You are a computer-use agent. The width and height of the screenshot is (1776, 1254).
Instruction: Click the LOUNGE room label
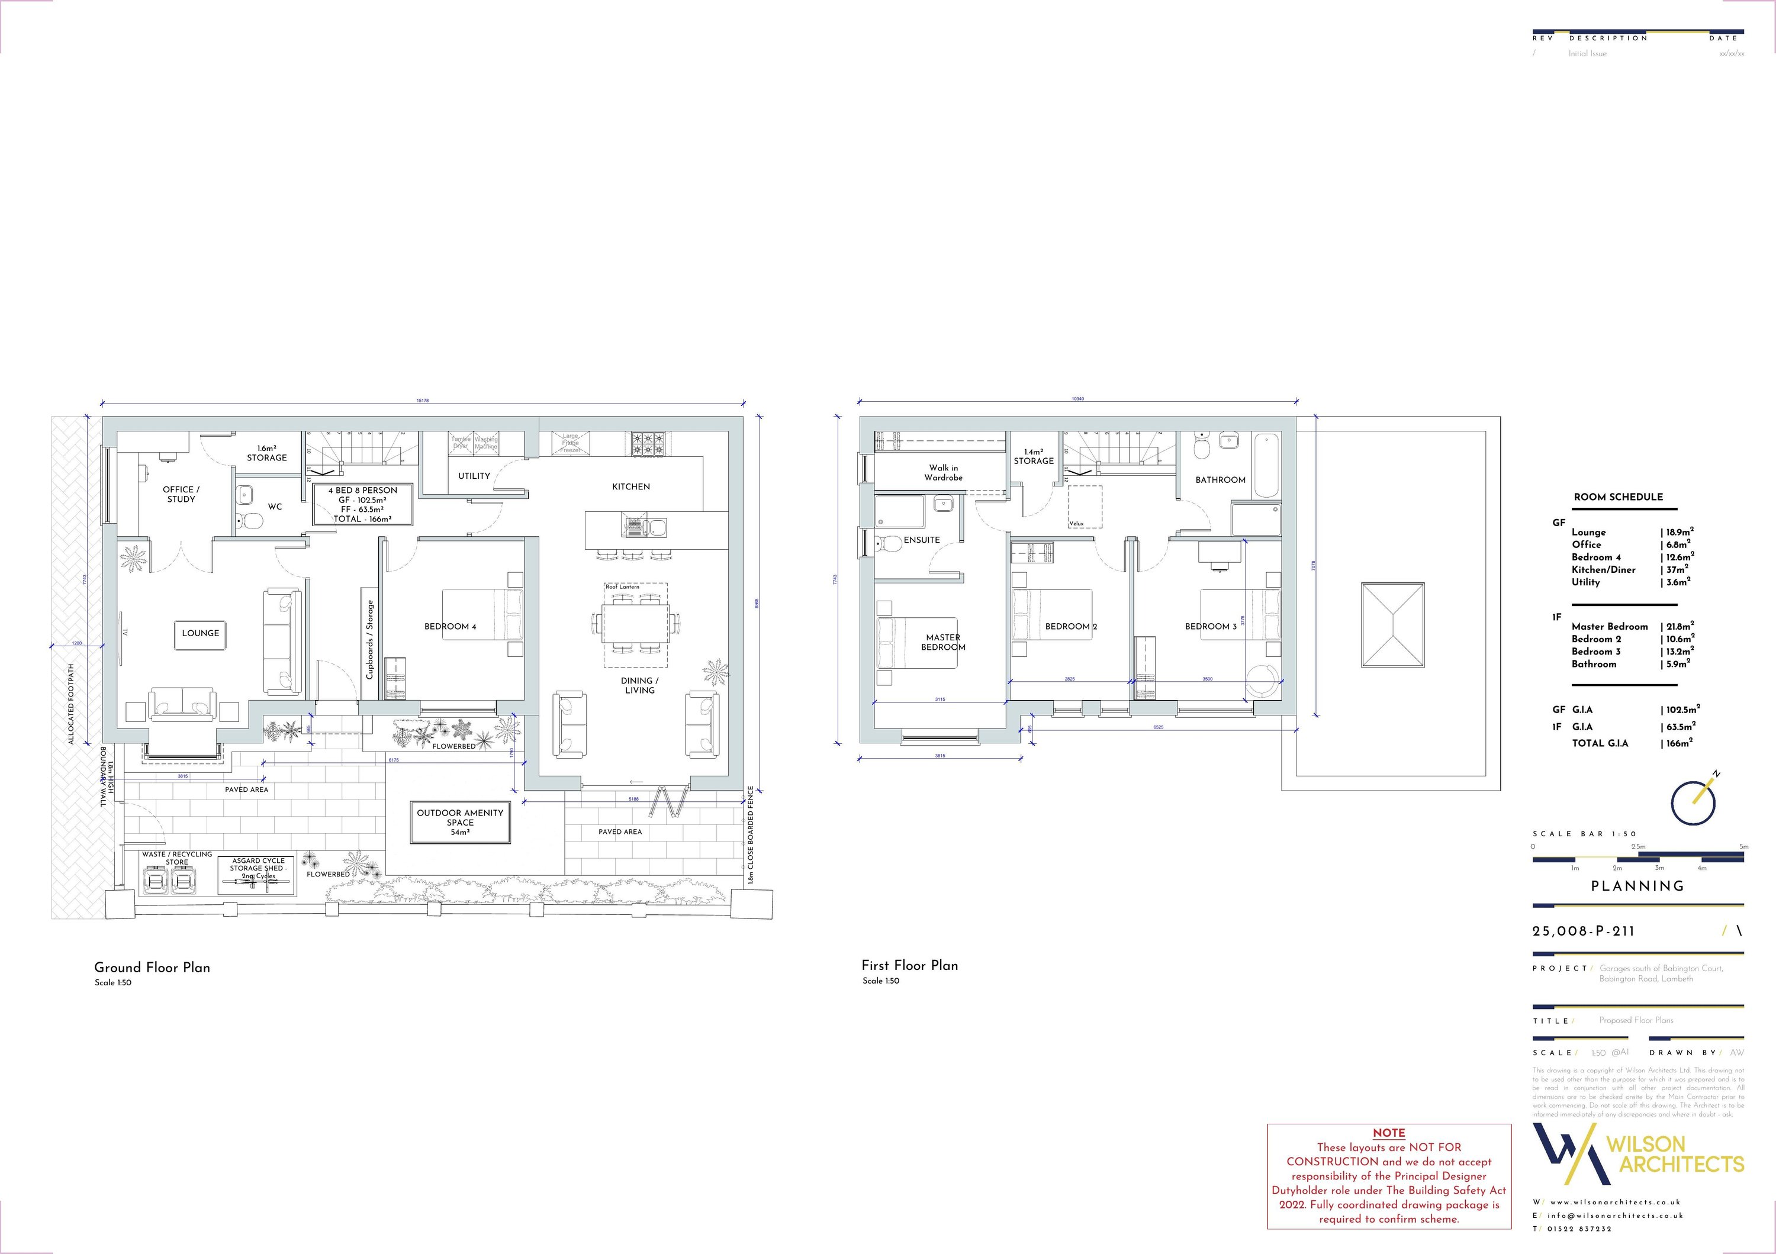pyautogui.click(x=200, y=633)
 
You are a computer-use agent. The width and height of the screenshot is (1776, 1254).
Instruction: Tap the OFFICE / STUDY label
pyautogui.click(x=181, y=494)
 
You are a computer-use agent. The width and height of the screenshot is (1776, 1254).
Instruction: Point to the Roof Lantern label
pyautogui.click(x=623, y=587)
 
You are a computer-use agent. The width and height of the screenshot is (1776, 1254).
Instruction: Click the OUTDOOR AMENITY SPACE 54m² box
pyautogui.click(x=460, y=823)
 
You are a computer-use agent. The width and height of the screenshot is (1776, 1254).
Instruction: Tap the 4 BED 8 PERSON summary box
pyautogui.click(x=363, y=504)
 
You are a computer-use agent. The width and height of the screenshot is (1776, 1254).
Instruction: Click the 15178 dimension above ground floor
pyautogui.click(x=422, y=401)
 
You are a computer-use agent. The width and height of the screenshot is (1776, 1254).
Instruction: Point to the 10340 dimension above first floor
pyautogui.click(x=1077, y=399)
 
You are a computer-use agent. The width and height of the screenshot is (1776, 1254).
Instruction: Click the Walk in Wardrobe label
pyautogui.click(x=944, y=472)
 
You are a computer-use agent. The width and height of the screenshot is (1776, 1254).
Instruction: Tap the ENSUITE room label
pyautogui.click(x=921, y=540)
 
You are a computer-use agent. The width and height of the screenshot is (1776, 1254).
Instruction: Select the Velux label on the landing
pyautogui.click(x=1076, y=523)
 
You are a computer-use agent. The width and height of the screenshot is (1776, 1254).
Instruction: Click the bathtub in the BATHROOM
pyautogui.click(x=1266, y=465)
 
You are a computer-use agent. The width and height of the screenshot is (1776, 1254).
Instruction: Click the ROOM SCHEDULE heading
pyautogui.click(x=1618, y=497)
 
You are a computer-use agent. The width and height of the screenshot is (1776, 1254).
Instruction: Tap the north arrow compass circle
pyautogui.click(x=1693, y=803)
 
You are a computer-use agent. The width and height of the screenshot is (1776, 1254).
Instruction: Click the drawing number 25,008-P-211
pyautogui.click(x=1584, y=931)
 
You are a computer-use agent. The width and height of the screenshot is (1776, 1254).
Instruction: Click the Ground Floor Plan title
pyautogui.click(x=152, y=967)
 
